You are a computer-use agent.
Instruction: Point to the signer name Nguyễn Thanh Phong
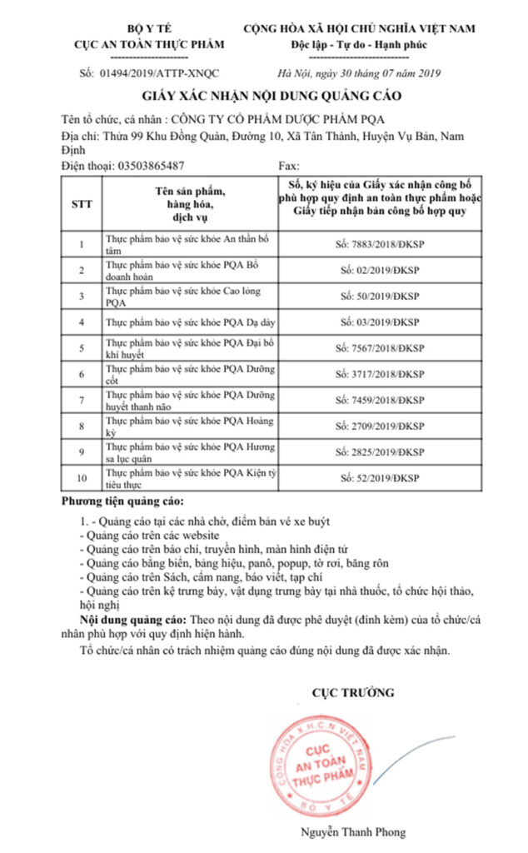[353, 832]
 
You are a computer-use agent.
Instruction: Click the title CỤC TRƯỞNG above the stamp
[353, 691]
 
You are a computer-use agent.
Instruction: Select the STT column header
[81, 202]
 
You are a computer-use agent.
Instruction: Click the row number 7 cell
[81, 400]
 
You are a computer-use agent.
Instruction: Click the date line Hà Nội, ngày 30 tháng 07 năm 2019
[358, 73]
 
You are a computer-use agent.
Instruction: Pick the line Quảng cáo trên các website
[150, 536]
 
